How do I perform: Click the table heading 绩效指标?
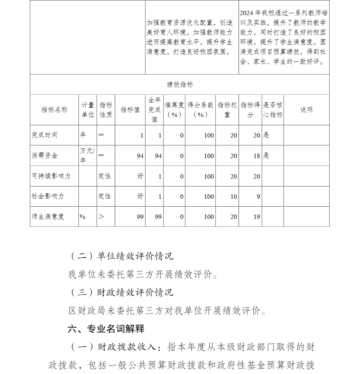[x=180, y=85]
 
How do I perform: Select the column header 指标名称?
[x=54, y=110]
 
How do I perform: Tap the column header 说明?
[x=306, y=110]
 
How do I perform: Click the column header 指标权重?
[x=227, y=110]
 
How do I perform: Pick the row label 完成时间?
[x=44, y=135]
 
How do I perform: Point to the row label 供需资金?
[x=44, y=156]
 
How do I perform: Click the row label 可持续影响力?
[x=51, y=176]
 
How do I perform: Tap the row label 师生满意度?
[x=48, y=217]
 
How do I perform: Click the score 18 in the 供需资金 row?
[x=256, y=156]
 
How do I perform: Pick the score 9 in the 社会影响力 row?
[x=258, y=197]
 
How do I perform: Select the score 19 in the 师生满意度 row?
[x=256, y=217]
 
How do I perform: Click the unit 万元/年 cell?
[x=87, y=155]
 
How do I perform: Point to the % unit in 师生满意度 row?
[x=82, y=217]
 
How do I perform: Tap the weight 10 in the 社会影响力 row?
[x=234, y=197]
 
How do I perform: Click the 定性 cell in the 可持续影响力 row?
[x=104, y=176]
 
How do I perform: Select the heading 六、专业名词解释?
[x=106, y=329]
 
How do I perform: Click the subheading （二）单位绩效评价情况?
[x=121, y=256]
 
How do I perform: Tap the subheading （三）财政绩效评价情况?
[x=121, y=292]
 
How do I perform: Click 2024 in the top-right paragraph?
[x=247, y=13]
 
